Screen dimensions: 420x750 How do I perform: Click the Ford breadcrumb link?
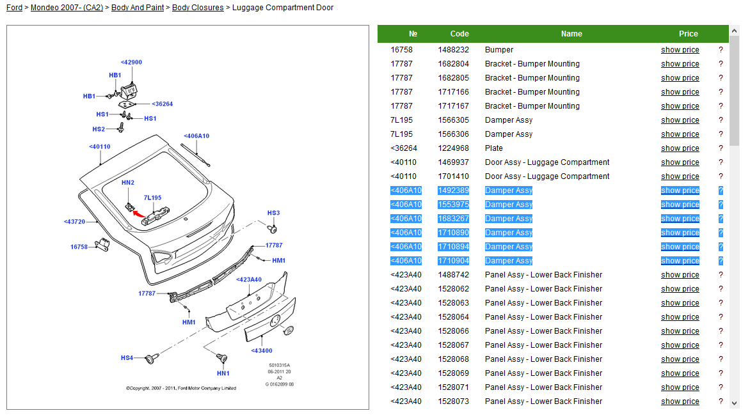click(14, 8)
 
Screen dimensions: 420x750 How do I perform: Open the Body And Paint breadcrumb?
click(138, 8)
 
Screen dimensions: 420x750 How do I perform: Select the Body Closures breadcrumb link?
click(198, 8)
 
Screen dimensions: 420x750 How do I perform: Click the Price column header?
click(689, 34)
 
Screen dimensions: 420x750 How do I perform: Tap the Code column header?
click(459, 34)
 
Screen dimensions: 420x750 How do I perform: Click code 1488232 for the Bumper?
click(453, 50)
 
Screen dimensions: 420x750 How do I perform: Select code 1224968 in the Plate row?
click(453, 148)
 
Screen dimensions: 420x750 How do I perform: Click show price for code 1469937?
click(680, 162)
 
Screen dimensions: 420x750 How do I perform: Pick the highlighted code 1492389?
click(453, 191)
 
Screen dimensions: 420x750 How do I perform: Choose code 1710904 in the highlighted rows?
click(453, 261)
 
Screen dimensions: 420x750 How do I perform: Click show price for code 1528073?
click(680, 401)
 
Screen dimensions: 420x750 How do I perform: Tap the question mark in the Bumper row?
click(721, 50)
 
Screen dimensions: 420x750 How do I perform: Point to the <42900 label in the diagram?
click(131, 63)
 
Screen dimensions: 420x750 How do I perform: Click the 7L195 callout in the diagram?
click(152, 198)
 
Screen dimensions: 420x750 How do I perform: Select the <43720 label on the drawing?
click(74, 222)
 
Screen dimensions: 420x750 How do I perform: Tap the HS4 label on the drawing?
click(127, 358)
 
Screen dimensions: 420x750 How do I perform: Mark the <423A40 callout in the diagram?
click(249, 279)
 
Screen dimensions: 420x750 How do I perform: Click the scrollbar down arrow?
click(734, 403)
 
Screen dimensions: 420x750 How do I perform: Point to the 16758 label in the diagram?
click(79, 246)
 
